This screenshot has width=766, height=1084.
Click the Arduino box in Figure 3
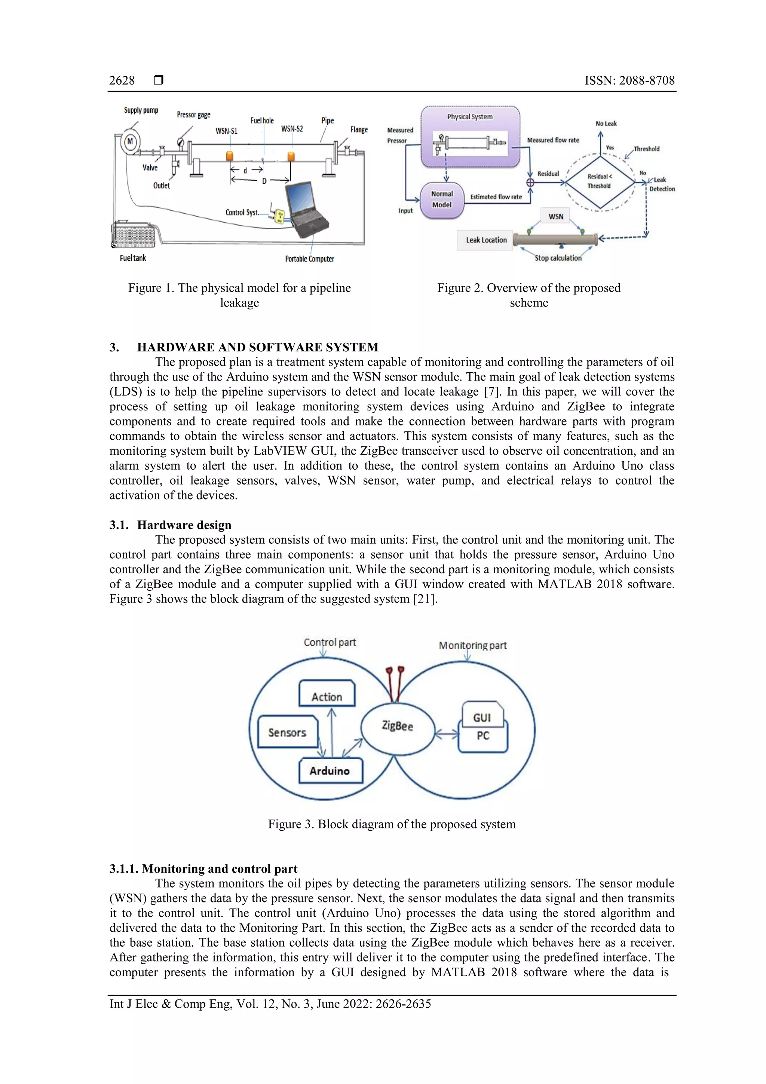point(330,770)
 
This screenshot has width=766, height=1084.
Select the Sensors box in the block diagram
point(287,732)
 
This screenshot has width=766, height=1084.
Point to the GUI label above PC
point(482,718)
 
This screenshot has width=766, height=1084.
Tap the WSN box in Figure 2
point(555,216)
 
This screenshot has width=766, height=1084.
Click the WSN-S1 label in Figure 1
point(227,131)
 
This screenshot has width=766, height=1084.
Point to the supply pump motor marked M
point(130,142)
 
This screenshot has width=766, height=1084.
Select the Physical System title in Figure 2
point(470,117)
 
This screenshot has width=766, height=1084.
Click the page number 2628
point(122,81)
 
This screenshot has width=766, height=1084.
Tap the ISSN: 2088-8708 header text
point(629,81)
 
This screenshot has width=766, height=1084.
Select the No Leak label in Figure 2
point(606,124)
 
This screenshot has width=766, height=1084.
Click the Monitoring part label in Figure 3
point(472,645)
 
